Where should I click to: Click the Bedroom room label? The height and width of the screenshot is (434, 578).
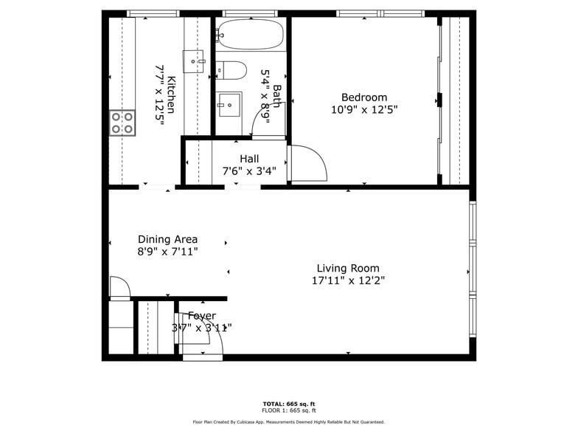click(x=363, y=97)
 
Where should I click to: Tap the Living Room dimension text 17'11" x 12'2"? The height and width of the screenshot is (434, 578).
click(x=348, y=280)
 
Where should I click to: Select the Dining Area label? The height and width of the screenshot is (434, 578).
click(x=167, y=239)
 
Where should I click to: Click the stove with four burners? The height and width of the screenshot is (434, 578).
click(x=122, y=123)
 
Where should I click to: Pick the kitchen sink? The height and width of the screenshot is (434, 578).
click(x=193, y=61)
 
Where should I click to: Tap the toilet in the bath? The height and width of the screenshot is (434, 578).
click(x=231, y=70)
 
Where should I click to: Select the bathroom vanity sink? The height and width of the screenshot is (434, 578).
click(x=229, y=104)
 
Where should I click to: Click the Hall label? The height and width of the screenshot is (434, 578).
click(x=249, y=159)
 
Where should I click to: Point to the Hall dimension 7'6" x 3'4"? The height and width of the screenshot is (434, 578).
click(x=249, y=171)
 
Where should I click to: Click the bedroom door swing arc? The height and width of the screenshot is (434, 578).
click(x=308, y=163)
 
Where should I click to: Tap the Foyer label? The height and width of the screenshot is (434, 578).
click(x=201, y=316)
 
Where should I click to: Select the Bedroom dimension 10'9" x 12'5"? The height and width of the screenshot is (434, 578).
click(x=363, y=110)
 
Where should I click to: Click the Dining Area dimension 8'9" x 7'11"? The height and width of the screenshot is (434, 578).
click(x=167, y=252)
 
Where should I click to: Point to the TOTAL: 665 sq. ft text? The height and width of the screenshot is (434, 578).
click(x=288, y=404)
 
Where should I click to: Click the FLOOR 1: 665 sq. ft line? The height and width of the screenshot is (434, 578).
click(x=288, y=410)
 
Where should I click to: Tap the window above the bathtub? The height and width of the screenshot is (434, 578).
click(x=250, y=13)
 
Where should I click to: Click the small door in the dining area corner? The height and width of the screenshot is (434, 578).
click(x=119, y=288)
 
